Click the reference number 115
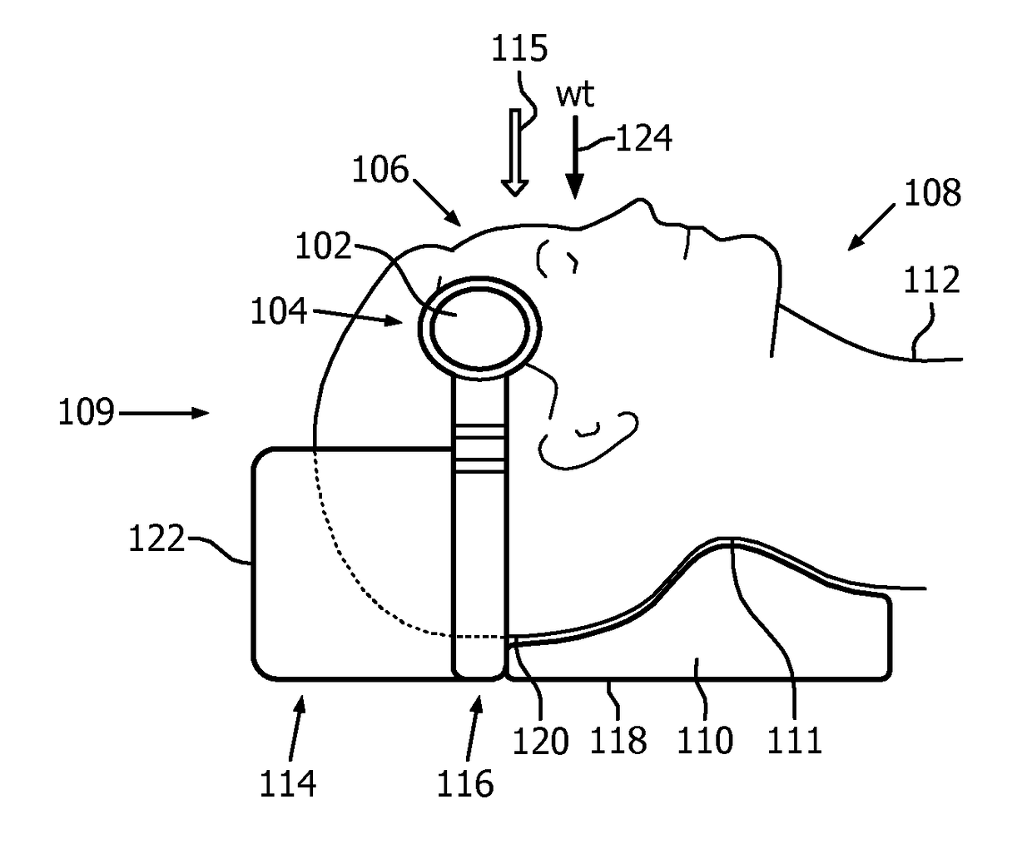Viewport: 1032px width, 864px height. tap(518, 49)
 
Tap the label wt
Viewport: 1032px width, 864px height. tap(575, 95)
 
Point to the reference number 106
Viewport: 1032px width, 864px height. tap(380, 171)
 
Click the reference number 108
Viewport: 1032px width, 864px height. tap(932, 193)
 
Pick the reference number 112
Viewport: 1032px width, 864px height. tap(932, 281)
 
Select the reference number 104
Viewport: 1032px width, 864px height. tap(279, 311)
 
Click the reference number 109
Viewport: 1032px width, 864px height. tap(86, 412)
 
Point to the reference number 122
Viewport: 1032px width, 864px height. tap(156, 539)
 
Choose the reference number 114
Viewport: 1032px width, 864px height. tap(288, 783)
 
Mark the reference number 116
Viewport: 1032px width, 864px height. tap(465, 783)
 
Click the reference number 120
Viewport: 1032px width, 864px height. tap(541, 740)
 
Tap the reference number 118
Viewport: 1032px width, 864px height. tap(618, 740)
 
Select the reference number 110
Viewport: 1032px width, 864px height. tap(705, 740)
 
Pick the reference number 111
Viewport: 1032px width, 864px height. tap(795, 740)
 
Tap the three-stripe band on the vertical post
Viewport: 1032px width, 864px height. tap(479, 449)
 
